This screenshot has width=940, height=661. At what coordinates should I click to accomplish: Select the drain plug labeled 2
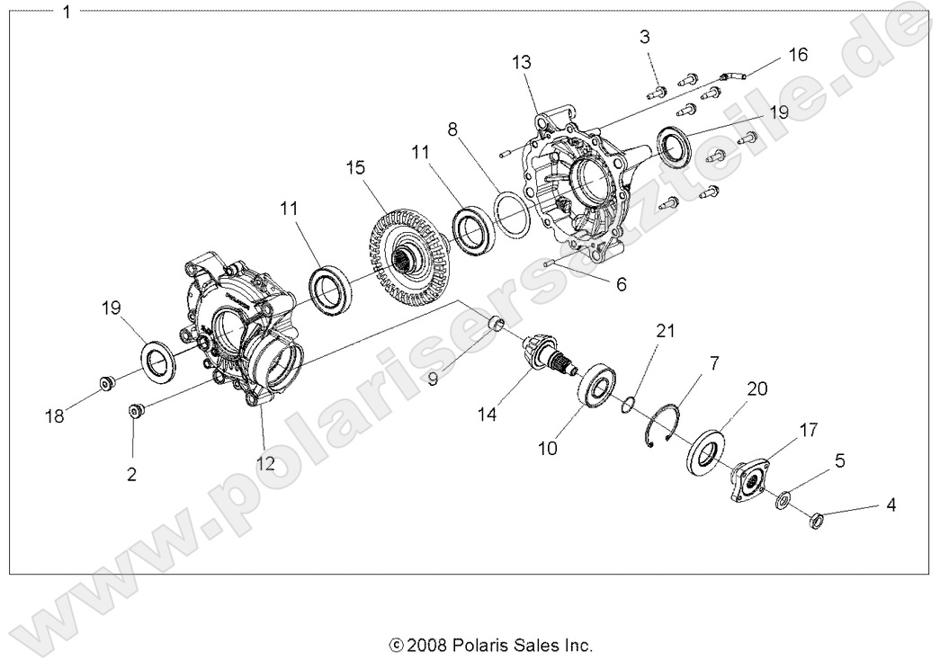pyautogui.click(x=136, y=411)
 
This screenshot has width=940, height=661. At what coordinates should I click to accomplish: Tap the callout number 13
pyautogui.click(x=522, y=62)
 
